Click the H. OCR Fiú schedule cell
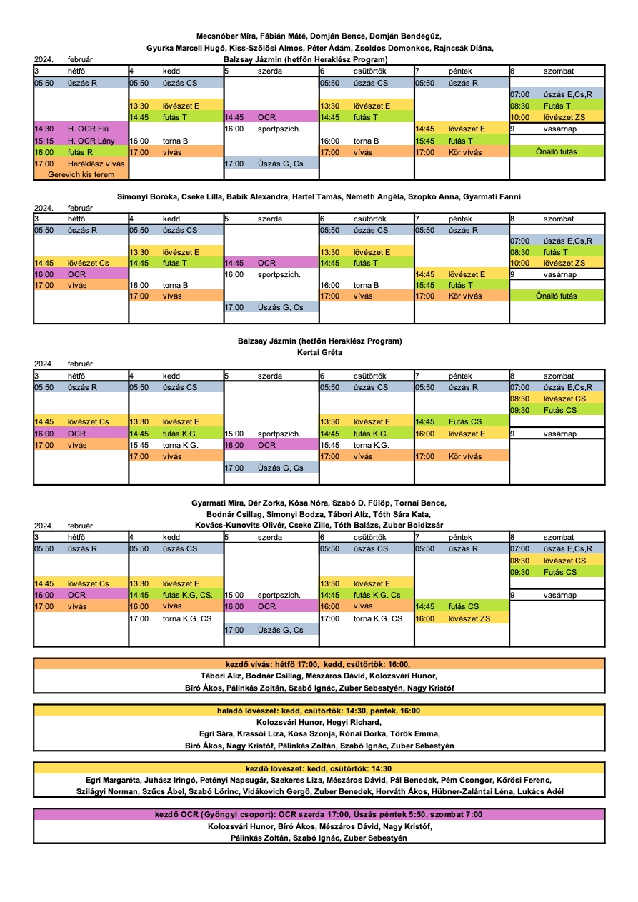[x=81, y=129]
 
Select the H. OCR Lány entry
[x=81, y=141]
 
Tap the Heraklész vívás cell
[x=81, y=164]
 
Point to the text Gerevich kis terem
[x=81, y=174]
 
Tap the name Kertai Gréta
[x=319, y=352]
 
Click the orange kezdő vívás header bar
[x=319, y=663]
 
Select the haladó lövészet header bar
[x=319, y=711]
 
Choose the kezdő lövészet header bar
[x=319, y=768]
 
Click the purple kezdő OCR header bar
[x=319, y=814]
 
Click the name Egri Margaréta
[x=113, y=780]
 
